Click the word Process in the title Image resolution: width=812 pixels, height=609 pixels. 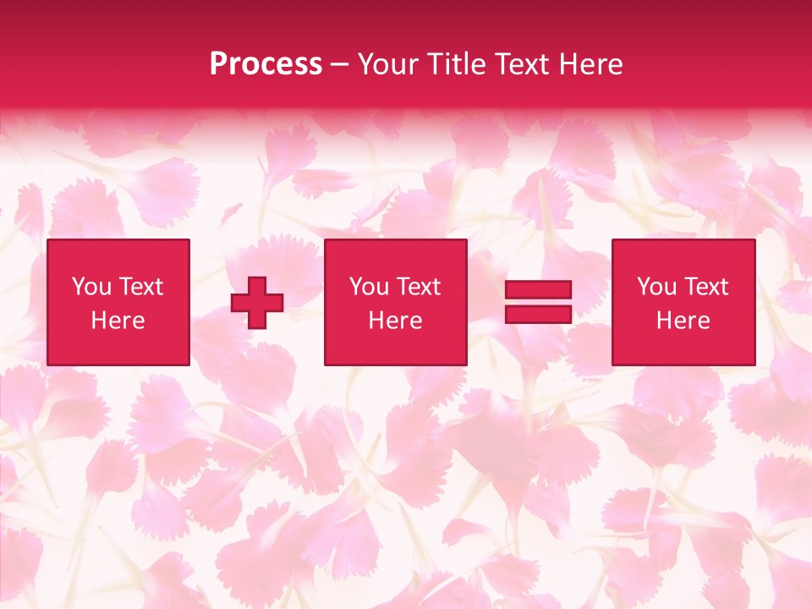click(266, 64)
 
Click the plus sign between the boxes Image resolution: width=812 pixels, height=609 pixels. click(256, 303)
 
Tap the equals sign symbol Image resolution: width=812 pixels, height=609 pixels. click(538, 302)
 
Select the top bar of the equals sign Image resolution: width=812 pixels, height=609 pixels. click(538, 290)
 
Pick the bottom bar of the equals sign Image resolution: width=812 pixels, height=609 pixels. click(538, 315)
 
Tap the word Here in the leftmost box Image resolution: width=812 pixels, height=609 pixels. click(118, 321)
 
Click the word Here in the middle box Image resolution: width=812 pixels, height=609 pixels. click(395, 321)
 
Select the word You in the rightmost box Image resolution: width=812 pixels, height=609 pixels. click(656, 287)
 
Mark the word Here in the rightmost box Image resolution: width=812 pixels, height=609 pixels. click(683, 321)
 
